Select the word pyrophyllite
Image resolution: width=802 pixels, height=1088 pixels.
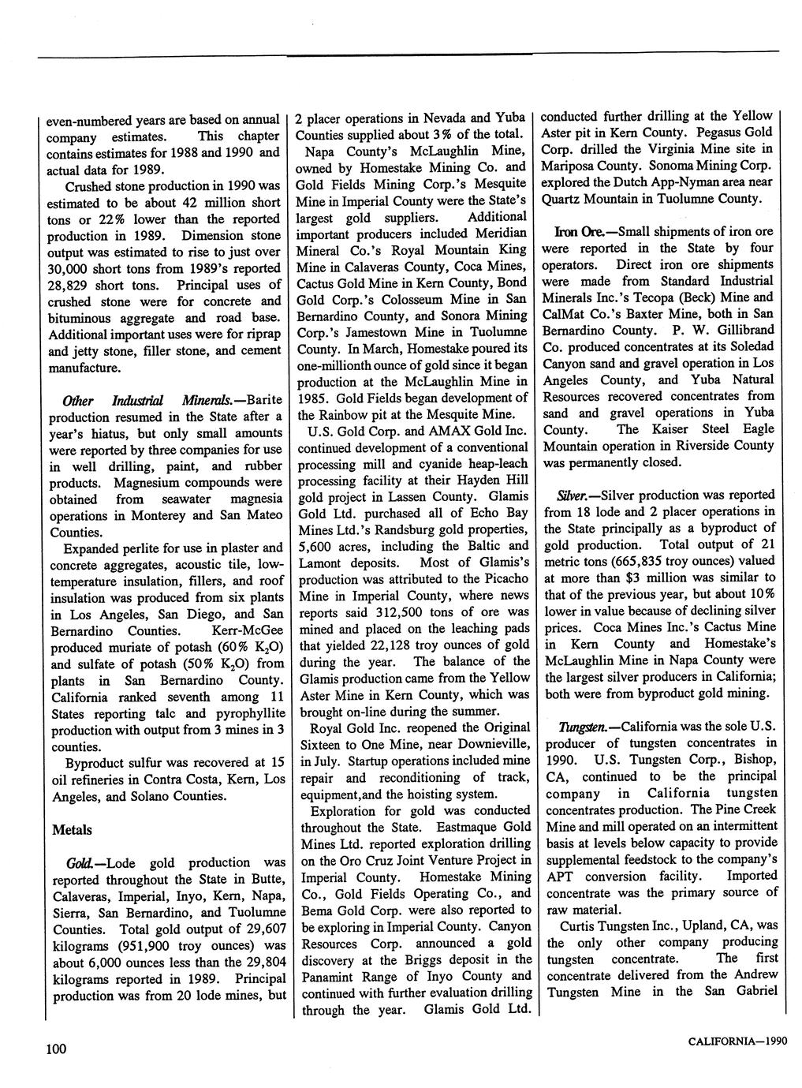click(x=247, y=713)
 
